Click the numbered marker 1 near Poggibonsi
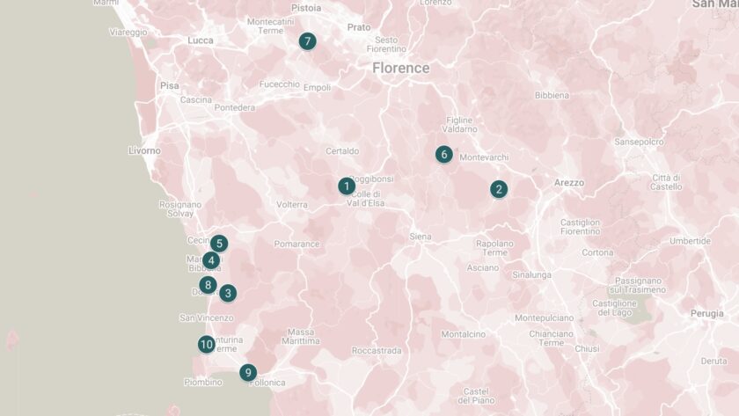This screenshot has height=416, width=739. click(347, 186)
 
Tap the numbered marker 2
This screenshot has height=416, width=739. click(499, 189)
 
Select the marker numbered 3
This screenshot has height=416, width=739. click(228, 293)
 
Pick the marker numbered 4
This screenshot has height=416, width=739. click(211, 260)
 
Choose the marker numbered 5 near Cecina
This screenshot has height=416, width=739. click(219, 244)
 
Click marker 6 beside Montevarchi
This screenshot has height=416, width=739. click(444, 155)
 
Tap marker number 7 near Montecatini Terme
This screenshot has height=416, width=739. click(307, 40)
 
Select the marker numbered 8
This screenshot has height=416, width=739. click(208, 284)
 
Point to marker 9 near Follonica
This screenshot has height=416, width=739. click(248, 373)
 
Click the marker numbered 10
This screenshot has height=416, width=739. click(207, 344)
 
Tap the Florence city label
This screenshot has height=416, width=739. click(400, 68)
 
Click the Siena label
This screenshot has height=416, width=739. click(421, 237)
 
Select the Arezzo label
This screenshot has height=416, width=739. click(569, 182)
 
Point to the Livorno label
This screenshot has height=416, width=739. click(144, 150)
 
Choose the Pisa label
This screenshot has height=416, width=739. click(170, 85)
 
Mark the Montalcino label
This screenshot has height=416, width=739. click(463, 334)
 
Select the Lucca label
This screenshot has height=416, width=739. click(201, 40)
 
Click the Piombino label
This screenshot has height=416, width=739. click(202, 382)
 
